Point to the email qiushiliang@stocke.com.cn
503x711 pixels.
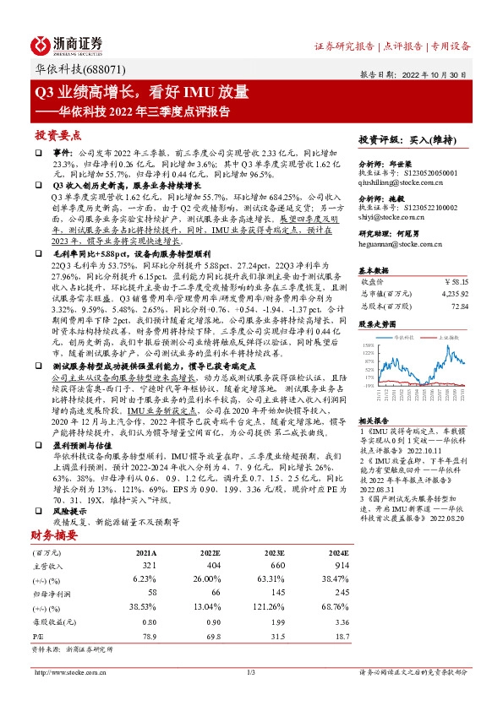tap(408, 180)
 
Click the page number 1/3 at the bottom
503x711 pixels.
tap(251, 672)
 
